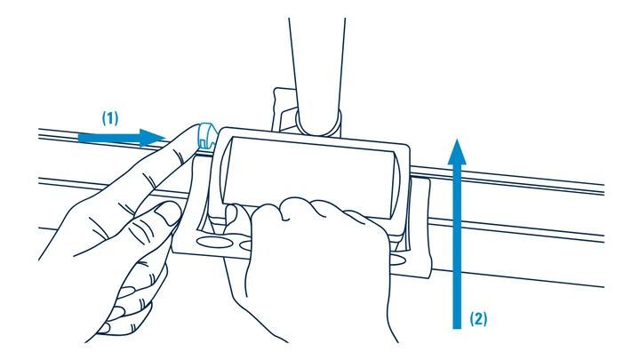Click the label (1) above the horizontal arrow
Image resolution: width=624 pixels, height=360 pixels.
coord(110,118)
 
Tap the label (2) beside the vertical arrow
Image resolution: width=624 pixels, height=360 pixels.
coord(478,318)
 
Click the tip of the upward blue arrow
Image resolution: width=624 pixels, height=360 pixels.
coord(457,140)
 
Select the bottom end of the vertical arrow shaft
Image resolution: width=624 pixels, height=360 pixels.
coord(457,328)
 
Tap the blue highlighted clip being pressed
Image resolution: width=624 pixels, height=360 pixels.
coord(207,134)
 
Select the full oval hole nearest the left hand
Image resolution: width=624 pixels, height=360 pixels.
coord(214,242)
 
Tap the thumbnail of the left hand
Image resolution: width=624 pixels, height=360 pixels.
coord(168,212)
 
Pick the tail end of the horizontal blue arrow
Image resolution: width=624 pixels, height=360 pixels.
coord(79,138)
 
